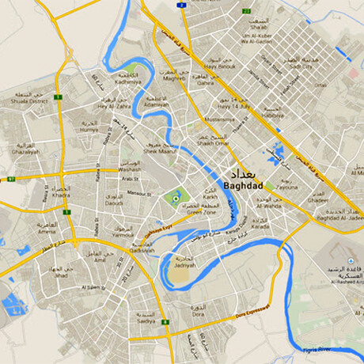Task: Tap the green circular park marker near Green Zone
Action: [176, 196]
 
